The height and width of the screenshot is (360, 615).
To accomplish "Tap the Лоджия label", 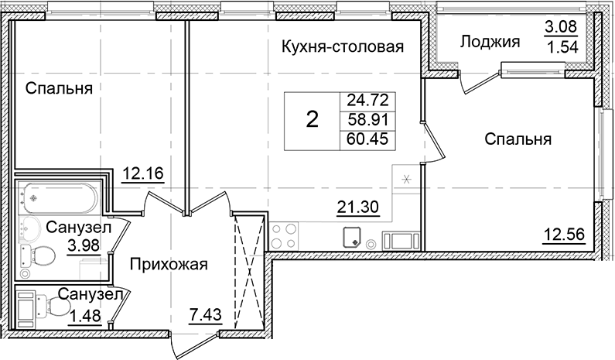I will (x=489, y=42).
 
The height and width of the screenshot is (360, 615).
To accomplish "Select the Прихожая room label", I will (x=169, y=265).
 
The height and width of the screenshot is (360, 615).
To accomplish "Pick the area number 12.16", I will (x=144, y=173).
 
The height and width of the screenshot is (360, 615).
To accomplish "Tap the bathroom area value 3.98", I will (x=85, y=246).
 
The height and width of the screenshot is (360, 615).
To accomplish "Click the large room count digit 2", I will (x=312, y=120).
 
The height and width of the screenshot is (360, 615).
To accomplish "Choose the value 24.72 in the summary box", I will (x=367, y=100).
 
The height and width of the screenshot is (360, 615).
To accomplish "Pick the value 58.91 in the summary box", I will (x=367, y=120).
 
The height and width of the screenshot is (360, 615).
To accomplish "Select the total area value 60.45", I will (x=367, y=139).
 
